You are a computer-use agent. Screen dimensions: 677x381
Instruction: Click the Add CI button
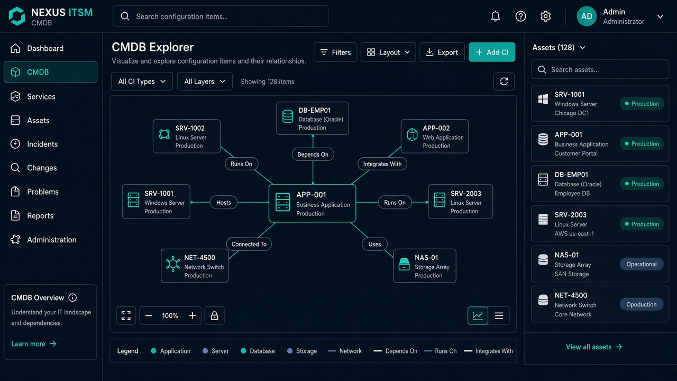492,52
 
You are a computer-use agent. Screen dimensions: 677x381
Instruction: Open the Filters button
335,52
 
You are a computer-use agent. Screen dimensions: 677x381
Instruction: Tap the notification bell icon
495,16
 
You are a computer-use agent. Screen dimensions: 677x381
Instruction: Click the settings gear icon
545,16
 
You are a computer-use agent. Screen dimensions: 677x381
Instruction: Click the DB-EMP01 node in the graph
313,118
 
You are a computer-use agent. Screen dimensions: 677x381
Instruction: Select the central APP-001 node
312,203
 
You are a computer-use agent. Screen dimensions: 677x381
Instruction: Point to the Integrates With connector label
382,164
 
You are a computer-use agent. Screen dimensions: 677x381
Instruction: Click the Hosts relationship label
224,202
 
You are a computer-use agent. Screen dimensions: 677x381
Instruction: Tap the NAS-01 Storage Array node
425,266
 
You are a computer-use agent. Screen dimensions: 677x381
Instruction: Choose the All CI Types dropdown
142,81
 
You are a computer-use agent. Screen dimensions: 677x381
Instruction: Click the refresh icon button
504,81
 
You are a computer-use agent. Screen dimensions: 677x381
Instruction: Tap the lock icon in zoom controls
214,315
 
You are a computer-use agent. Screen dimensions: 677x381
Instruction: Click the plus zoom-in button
192,316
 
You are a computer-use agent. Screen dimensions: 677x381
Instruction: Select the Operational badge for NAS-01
642,264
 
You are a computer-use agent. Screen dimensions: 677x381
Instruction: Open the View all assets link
594,347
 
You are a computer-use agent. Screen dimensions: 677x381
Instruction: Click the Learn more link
33,344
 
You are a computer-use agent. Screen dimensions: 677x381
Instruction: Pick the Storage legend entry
302,351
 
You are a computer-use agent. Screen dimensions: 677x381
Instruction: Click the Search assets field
600,69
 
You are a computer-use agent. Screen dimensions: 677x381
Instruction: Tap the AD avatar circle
587,16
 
